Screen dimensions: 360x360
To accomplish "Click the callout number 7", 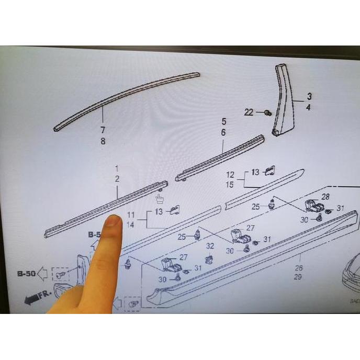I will click(103, 129).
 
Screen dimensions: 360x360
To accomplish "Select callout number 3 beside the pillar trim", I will click(309, 96).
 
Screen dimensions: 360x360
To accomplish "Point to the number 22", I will click(249, 112).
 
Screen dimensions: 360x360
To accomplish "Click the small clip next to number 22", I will click(268, 113).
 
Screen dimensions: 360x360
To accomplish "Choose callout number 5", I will click(223, 122).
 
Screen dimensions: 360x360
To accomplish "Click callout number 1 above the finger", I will click(117, 168).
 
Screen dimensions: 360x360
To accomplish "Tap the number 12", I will click(230, 174).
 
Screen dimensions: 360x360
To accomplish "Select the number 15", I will click(230, 185).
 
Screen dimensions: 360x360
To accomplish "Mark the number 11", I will click(131, 215).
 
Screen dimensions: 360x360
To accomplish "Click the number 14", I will click(131, 224).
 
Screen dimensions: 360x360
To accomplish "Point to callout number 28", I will click(325, 197).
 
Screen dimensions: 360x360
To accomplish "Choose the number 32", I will click(210, 246).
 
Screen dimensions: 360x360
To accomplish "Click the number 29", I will click(297, 277).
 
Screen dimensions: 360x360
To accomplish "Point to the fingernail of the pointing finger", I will click(113, 222).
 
